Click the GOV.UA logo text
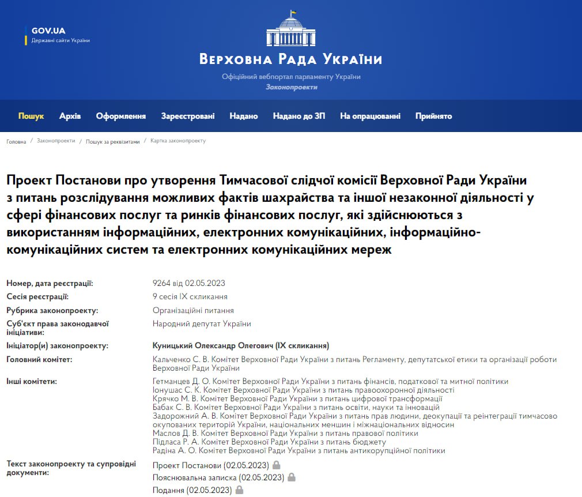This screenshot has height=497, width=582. click(48, 31)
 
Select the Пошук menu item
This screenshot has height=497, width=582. click(31, 116)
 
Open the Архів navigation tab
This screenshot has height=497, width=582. click(70, 116)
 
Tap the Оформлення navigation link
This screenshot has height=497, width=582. click(121, 116)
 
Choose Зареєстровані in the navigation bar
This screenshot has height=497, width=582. click(188, 116)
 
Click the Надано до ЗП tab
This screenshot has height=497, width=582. click(299, 116)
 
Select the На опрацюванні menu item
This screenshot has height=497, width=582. click(370, 116)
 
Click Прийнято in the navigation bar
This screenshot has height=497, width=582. click(433, 116)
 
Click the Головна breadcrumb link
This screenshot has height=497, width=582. click(16, 141)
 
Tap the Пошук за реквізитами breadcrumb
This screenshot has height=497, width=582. click(113, 141)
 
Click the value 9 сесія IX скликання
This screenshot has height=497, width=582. click(190, 297)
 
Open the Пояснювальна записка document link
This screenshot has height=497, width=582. click(218, 477)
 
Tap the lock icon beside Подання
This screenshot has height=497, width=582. click(239, 490)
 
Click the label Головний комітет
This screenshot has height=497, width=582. click(39, 360)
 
